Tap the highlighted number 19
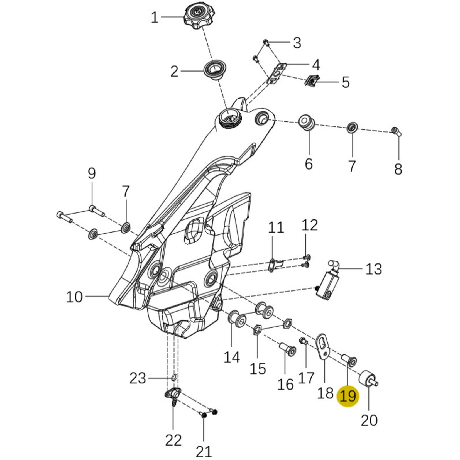348,395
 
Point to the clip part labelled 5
312,81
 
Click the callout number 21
204,451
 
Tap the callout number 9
92,173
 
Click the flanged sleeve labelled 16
288,349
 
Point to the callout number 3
297,43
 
